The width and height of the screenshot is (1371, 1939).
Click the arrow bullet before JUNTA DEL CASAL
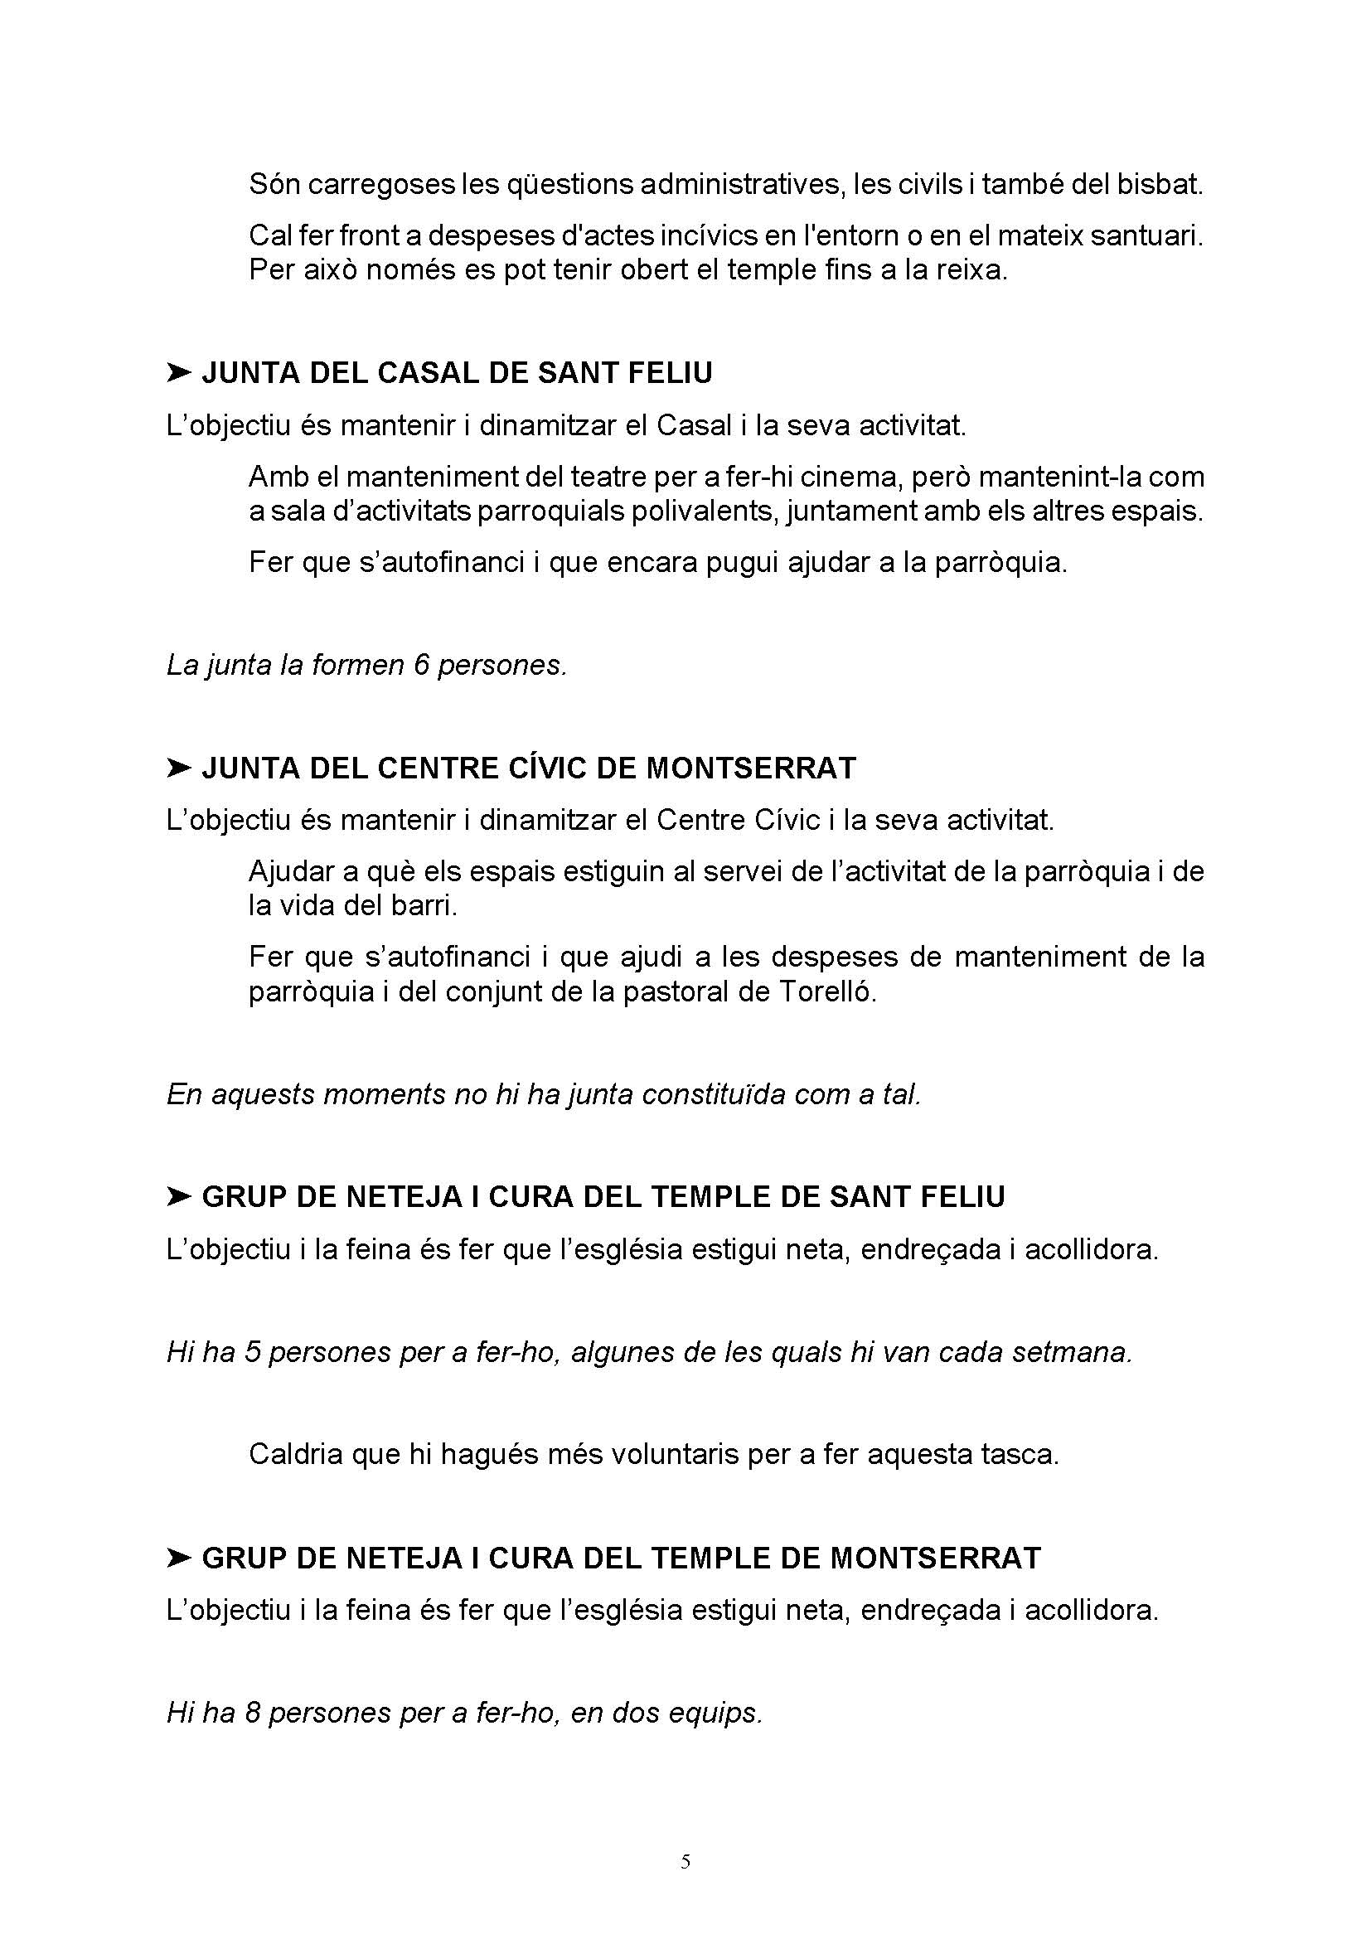179,372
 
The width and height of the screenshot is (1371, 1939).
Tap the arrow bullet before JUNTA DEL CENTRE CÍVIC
179,768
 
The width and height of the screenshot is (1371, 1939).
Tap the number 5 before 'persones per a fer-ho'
253,1352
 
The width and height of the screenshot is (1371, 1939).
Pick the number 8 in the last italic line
253,1713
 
